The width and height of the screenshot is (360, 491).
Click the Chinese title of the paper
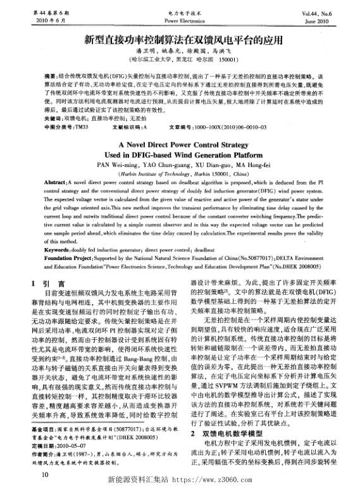(x=180, y=40)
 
